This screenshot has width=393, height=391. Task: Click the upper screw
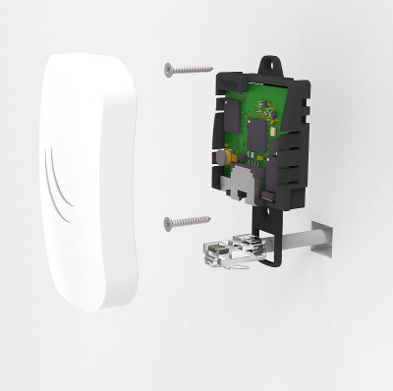(x=188, y=69)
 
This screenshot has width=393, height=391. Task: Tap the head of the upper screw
(x=169, y=69)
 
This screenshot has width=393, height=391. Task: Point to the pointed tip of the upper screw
(x=211, y=68)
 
